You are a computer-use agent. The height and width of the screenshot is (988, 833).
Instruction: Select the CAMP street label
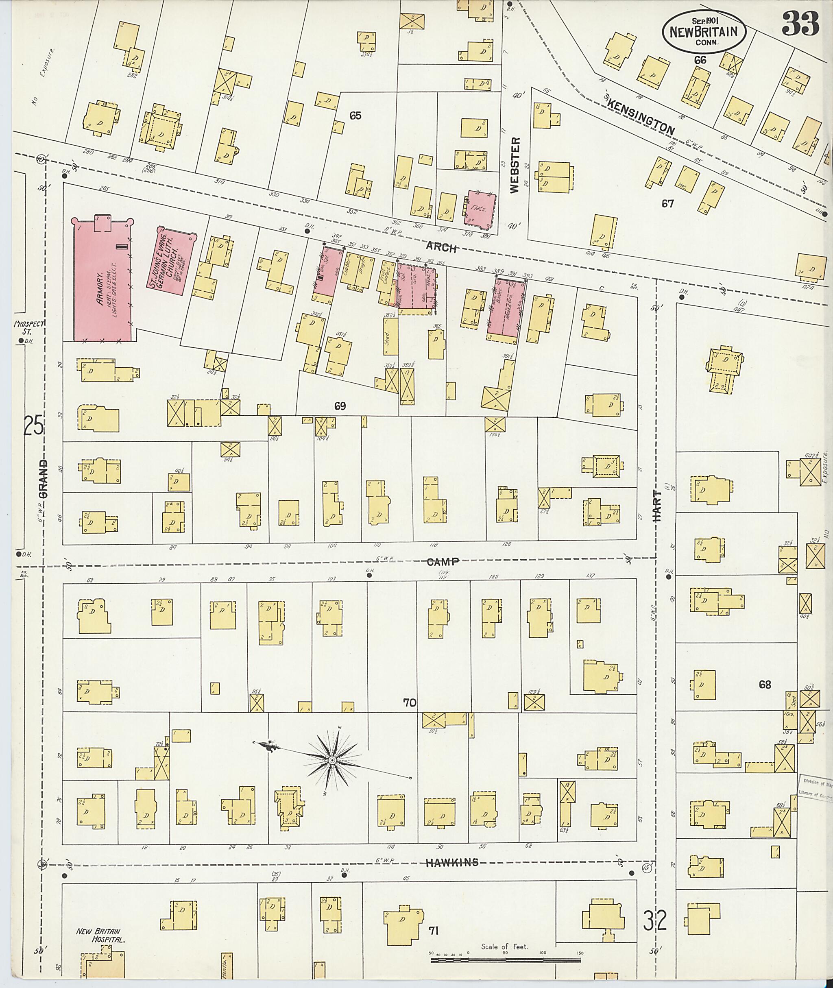tap(443, 562)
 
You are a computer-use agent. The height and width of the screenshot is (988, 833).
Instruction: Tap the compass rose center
tap(332, 759)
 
